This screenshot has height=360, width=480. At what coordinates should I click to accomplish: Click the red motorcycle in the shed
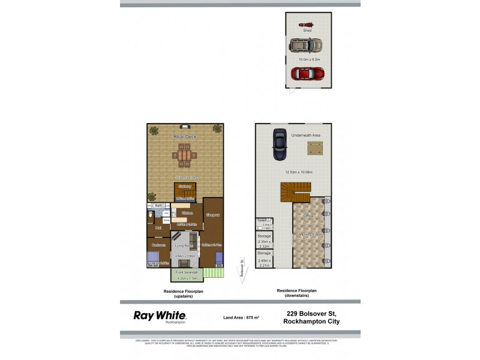point(304,25)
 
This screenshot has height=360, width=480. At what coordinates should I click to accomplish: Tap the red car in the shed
point(307,74)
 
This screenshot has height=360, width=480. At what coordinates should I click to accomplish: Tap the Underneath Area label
point(306,136)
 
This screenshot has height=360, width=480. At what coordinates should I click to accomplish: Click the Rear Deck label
point(185,137)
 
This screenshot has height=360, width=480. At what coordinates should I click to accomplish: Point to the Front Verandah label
point(187,272)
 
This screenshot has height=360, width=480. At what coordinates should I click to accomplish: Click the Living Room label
point(182,246)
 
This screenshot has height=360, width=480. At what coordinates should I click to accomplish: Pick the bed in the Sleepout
point(218,259)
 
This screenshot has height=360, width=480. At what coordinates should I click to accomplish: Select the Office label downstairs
point(308,215)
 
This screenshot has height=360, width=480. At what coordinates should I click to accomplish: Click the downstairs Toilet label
point(262,221)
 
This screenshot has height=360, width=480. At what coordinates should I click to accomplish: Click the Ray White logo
point(160,316)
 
